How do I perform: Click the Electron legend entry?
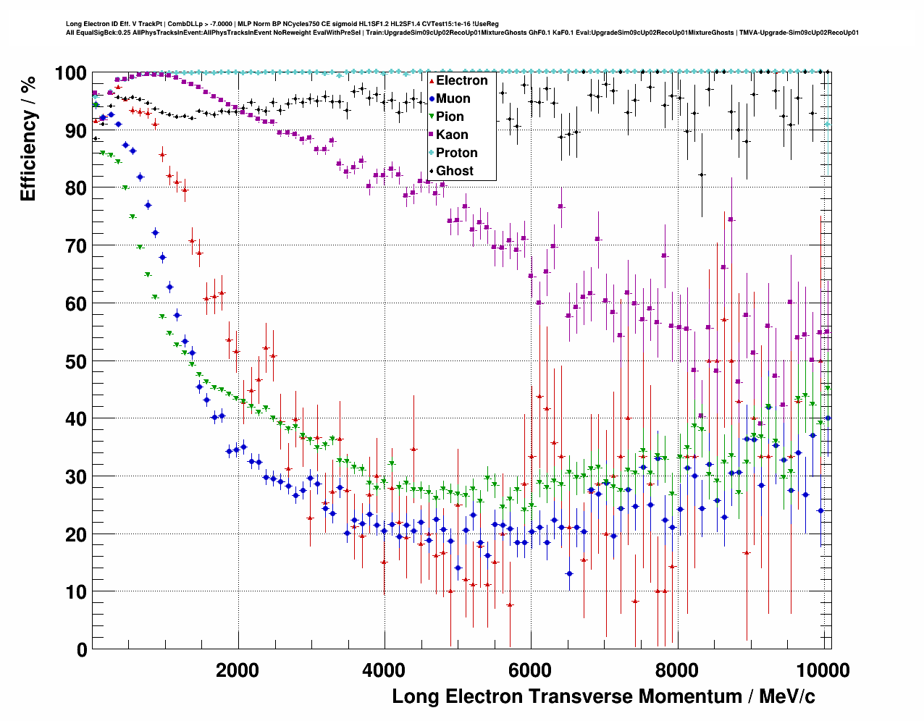pyautogui.click(x=461, y=80)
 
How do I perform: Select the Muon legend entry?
pyautogui.click(x=453, y=98)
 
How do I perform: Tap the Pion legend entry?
pyautogui.click(x=450, y=117)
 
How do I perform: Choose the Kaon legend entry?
pyautogui.click(x=452, y=135)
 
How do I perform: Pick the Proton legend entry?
pyautogui.click(x=456, y=153)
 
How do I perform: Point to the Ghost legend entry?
pyautogui.click(x=454, y=171)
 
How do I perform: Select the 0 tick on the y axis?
pyautogui.click(x=82, y=649)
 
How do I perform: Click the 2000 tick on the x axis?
pyautogui.click(x=238, y=670)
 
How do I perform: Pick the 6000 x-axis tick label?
pyautogui.click(x=530, y=670)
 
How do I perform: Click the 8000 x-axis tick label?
pyautogui.click(x=677, y=670)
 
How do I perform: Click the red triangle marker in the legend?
pyautogui.click(x=432, y=80)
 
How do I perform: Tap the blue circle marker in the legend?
pyautogui.click(x=432, y=98)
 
